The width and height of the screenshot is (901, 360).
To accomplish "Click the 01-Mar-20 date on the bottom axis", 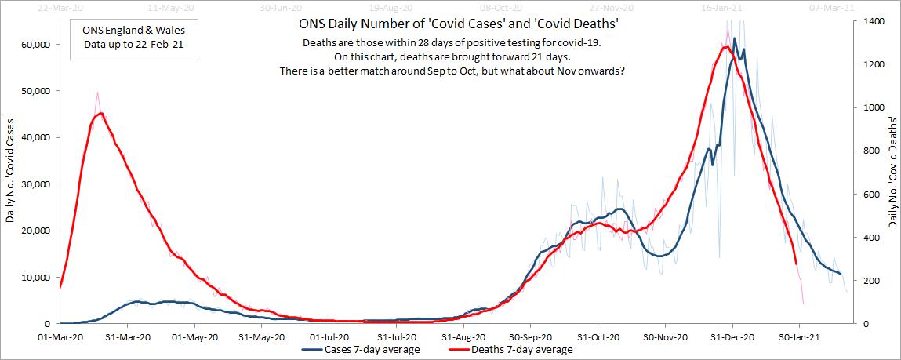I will (60, 336).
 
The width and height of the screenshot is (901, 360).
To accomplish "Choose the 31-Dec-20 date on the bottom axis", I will (732, 336).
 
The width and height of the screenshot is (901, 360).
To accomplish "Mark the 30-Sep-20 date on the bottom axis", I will (529, 336).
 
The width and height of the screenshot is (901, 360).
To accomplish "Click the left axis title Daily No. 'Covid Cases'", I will (10, 173).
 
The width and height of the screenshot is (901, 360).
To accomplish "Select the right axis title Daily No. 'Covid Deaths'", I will (893, 173).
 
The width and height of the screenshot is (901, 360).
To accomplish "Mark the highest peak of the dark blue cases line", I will (735, 38).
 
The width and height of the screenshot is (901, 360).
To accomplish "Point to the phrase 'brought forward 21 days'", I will (510, 56).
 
